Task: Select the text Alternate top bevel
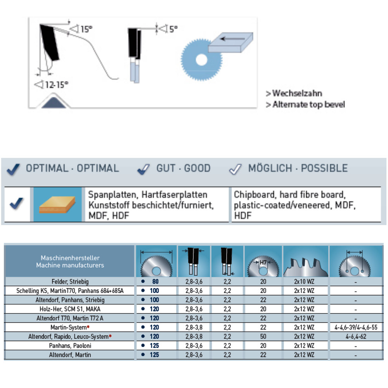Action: point(308,104)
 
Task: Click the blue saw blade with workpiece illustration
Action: point(211,54)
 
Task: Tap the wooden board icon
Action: point(57,204)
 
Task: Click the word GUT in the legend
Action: point(165,168)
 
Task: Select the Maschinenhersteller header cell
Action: point(70,262)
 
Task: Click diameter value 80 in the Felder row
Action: point(155,281)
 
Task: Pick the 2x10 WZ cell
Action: point(304,281)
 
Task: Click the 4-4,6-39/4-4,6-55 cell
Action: point(356,327)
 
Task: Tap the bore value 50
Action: point(263,336)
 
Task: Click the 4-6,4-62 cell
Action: point(356,336)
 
